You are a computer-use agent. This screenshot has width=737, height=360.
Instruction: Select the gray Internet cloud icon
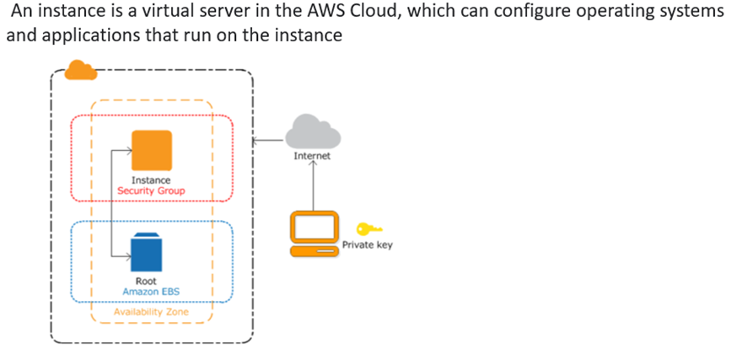[312, 133]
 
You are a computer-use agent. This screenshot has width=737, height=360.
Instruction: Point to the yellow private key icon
[369, 228]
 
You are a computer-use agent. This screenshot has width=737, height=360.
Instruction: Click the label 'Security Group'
[152, 191]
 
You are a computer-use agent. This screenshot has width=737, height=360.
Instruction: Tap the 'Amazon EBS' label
[152, 292]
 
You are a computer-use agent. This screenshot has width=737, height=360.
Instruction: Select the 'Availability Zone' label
[152, 313]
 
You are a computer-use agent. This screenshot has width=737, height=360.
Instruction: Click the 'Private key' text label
[367, 245]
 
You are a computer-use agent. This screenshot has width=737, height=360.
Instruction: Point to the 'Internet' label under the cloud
[312, 157]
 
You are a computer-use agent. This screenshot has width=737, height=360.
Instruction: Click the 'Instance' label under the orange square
[152, 180]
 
